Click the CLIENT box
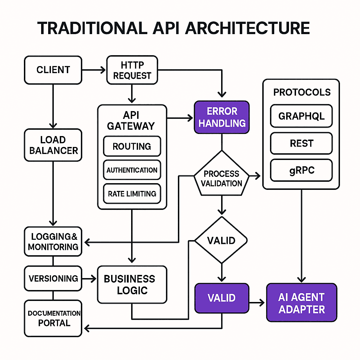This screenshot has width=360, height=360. pos(53,70)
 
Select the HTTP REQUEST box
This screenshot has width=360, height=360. pos(132,70)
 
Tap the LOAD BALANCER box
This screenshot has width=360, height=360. pos(53,145)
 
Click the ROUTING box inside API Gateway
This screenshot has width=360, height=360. pos(132,146)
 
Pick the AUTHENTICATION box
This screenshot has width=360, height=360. pos(132,170)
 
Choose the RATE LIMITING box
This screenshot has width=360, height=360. pos(132,194)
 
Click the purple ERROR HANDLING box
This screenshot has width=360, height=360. pos(221,117)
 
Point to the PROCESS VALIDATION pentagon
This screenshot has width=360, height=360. pos(221,178)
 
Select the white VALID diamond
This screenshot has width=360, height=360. pos(221,241)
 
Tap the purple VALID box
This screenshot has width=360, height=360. pos(221,298)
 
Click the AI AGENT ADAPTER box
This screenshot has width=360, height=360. pos(301,303)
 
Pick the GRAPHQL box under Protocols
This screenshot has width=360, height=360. pos(301,116)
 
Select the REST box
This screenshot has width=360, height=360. pos(301,143)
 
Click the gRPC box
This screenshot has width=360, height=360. pos(301,170)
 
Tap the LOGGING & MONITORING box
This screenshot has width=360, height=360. pos(53,242)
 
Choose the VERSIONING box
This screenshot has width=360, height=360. pos(53,278)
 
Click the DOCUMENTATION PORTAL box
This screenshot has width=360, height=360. pos(53,318)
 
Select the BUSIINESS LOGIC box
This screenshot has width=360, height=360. pos(132,284)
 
